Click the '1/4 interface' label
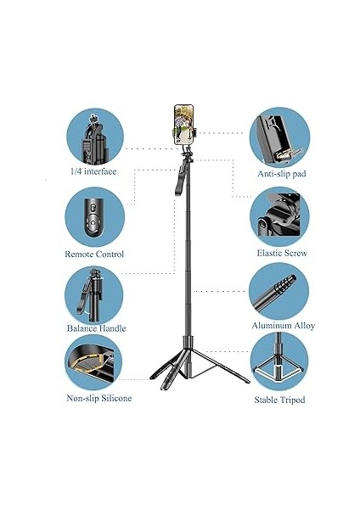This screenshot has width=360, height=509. point(93,171)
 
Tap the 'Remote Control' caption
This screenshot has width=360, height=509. point(94,254)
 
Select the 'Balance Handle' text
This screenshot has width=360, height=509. point(96,328)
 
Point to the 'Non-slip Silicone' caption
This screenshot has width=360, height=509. point(98,397)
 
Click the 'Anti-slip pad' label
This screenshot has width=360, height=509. point(281,173)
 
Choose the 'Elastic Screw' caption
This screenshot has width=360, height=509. point(282,253)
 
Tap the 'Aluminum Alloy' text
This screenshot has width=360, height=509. point(283,325)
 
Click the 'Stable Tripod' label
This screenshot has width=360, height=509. point(279,399)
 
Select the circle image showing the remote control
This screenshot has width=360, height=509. point(93,215)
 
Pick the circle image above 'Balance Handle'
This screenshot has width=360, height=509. point(93,294)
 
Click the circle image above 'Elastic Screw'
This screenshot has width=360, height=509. point(279,215)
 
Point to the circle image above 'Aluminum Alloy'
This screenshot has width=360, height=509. point(279,290)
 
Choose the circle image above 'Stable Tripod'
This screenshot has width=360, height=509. point(279,364)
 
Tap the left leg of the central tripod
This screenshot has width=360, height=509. point(167,365)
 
